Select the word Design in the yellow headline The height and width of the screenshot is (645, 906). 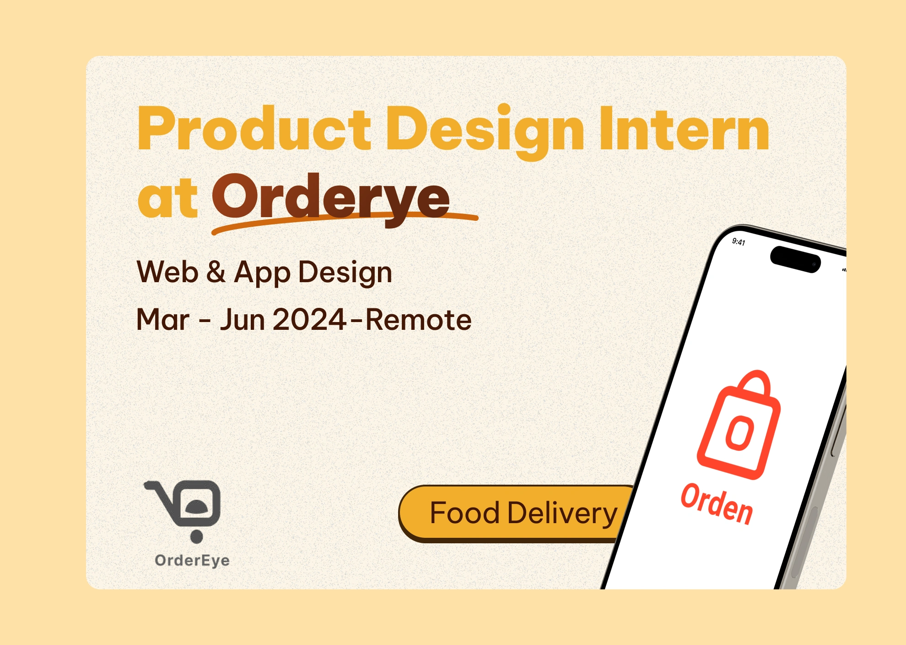[485, 132]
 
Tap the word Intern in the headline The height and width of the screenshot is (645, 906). [684, 128]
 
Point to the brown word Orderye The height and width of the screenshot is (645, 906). [331, 199]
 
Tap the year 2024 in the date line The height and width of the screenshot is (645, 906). [309, 319]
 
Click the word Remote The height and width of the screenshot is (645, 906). [418, 319]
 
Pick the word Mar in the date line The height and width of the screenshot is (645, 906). [163, 319]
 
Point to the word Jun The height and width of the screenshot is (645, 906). [242, 319]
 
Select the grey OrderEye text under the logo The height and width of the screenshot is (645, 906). [192, 560]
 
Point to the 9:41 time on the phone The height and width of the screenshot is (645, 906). [739, 241]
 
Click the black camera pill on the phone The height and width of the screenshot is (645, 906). [795, 259]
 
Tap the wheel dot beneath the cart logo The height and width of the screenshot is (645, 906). [196, 536]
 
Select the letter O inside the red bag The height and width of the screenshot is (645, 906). [739, 433]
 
